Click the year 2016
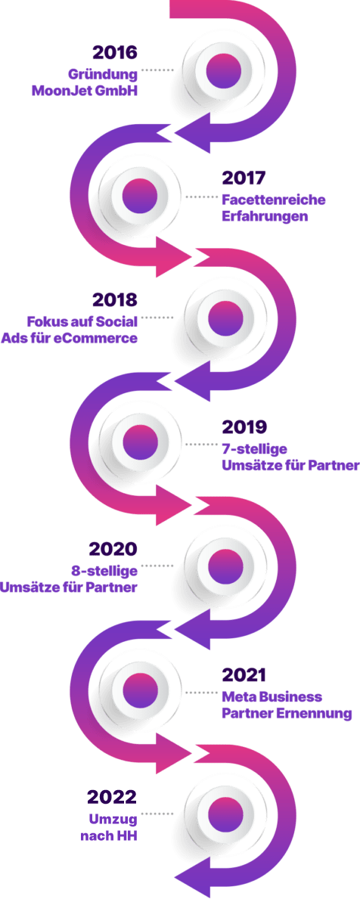[115, 53]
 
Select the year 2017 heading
[244, 178]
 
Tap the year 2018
[114, 300]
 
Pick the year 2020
[113, 549]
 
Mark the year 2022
[113, 797]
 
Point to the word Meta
[238, 696]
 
